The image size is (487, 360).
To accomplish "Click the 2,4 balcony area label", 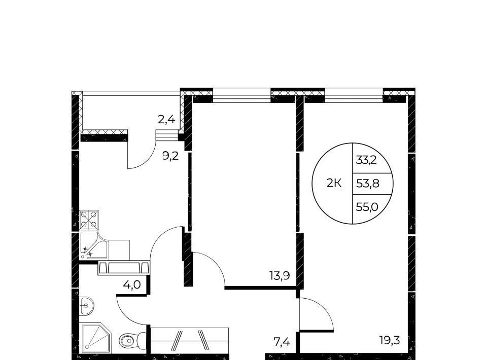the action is [166, 119].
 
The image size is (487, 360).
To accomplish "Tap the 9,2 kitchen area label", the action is [170, 156].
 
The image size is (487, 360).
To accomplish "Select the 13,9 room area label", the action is [280, 275].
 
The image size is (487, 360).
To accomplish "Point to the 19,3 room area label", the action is [390, 341].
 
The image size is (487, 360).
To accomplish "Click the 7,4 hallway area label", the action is [282, 342].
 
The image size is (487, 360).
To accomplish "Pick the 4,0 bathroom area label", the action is [132, 284].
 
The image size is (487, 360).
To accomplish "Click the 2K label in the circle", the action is [334, 184].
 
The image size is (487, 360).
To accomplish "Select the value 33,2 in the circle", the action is [366, 160].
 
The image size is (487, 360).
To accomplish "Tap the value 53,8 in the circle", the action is [367, 184].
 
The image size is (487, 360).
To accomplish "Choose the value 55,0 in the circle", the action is [367, 207].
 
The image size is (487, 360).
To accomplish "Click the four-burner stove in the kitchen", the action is [89, 220].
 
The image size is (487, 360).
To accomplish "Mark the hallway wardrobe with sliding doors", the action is [189, 340].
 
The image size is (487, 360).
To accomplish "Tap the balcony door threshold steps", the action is [167, 135].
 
